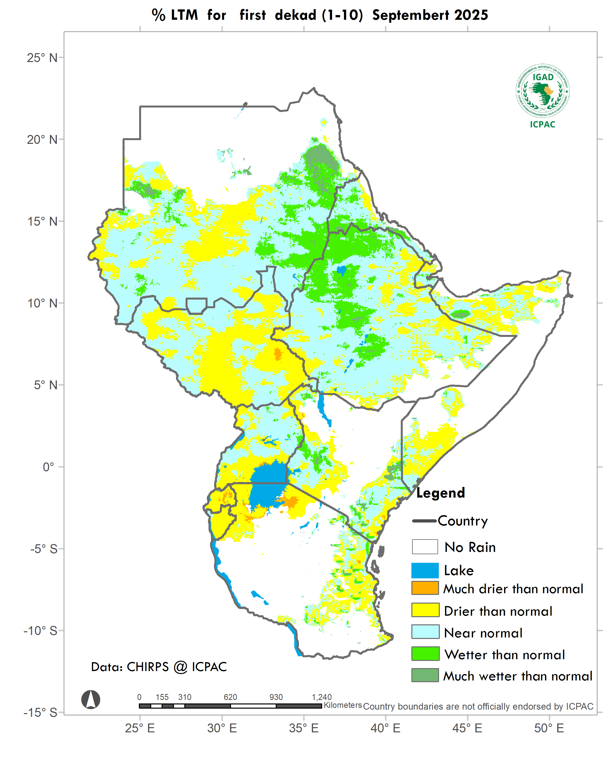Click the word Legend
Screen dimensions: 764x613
pyautogui.click(x=440, y=493)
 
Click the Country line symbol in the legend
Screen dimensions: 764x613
pyautogui.click(x=424, y=521)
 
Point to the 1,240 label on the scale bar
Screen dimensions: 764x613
pyautogui.click(x=321, y=697)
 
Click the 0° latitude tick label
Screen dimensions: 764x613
pyautogui.click(x=48, y=467)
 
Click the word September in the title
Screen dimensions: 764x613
pyautogui.click(x=411, y=15)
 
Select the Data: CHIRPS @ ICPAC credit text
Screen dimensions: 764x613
pyautogui.click(x=159, y=667)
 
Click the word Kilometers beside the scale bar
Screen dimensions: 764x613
pyautogui.click(x=342, y=705)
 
